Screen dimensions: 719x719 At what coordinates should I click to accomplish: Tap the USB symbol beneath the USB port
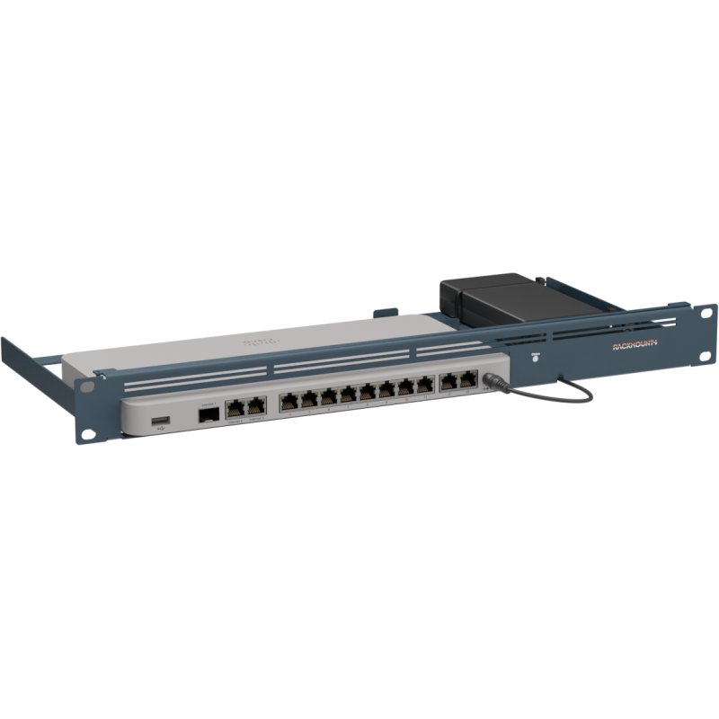pyautogui.click(x=160, y=431)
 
